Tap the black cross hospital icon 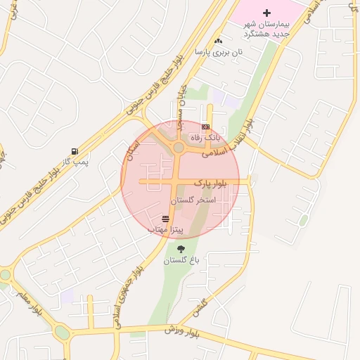click(x=266, y=13)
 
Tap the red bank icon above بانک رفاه click(x=205, y=127)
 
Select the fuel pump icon click(x=75, y=151)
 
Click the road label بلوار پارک click(x=212, y=183)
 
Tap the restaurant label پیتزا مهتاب click(x=166, y=229)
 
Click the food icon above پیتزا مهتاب click(x=165, y=219)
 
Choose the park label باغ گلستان click(x=182, y=260)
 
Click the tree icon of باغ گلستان click(x=181, y=248)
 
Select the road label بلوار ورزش click(x=183, y=330)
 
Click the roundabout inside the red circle click(x=179, y=148)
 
